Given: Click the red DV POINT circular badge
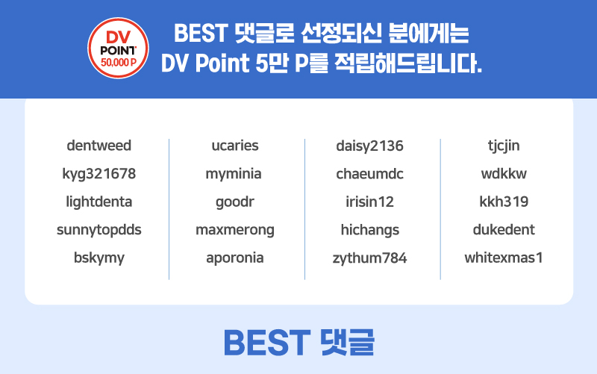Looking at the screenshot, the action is click(118, 48).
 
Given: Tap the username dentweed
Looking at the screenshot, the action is click(99, 146).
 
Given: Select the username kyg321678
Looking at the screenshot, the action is click(99, 174).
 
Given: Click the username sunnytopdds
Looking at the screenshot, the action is click(99, 230).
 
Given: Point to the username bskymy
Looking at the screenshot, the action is click(99, 258).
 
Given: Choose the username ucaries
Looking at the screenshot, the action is click(235, 146).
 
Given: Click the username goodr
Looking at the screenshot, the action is click(235, 202).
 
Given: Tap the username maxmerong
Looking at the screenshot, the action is click(235, 230).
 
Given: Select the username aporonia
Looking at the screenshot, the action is click(235, 258).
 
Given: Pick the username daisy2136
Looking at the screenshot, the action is click(369, 146).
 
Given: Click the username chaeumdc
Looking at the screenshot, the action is click(369, 174).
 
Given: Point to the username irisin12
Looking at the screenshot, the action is click(369, 202).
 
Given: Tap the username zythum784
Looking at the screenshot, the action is click(369, 258).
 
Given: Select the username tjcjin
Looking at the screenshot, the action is click(504, 146).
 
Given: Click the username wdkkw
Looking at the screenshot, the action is click(504, 174).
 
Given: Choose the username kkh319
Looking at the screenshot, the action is click(504, 202).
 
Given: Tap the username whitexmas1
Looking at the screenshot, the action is click(504, 258).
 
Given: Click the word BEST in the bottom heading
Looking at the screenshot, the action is click(267, 343).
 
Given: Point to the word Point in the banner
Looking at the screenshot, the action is click(222, 63).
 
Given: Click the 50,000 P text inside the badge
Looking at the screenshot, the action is click(118, 63).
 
